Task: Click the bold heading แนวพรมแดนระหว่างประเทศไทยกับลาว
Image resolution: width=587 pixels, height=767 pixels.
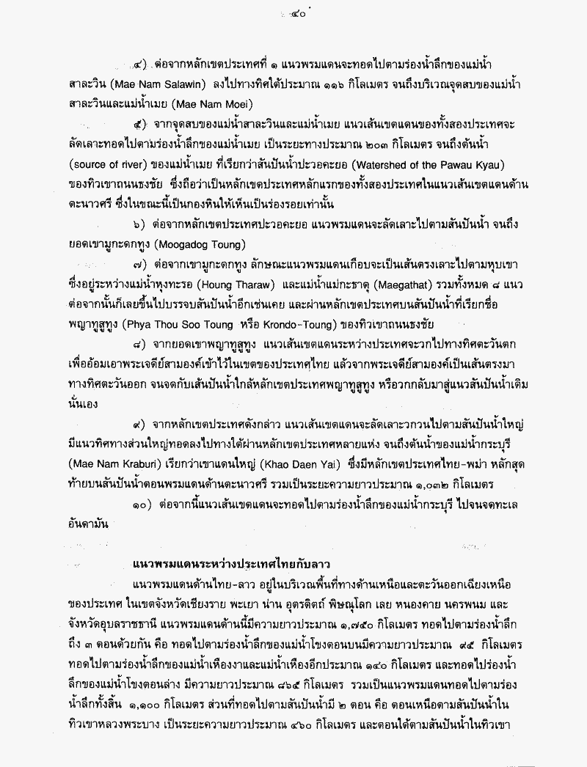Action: click(231, 565)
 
